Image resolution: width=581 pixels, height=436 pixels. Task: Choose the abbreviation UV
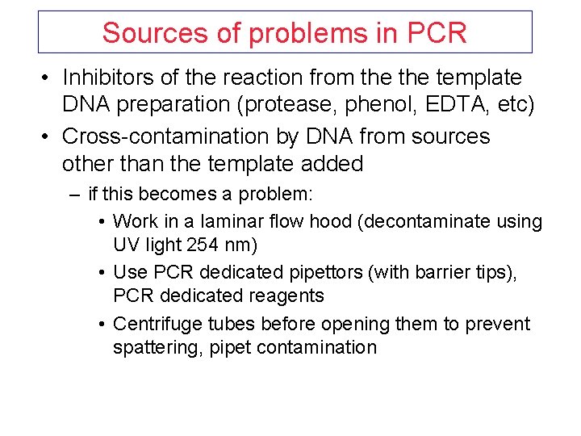127,244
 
